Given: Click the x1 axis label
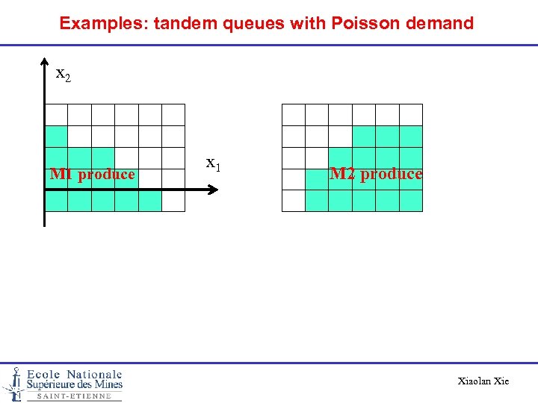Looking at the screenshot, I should pos(213,163).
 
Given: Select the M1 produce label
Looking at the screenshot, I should pos(93,175).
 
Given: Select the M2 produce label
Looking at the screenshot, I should pos(376,174).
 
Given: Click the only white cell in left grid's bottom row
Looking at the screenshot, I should pos(173,201).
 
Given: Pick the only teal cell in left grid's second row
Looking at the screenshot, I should pos(57,137).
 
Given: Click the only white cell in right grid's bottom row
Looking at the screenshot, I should pos(294,201).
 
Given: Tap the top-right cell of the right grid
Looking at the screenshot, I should pos(410,115).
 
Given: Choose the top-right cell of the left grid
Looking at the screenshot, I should pos(173,115).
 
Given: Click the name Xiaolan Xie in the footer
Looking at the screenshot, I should pos(483,381).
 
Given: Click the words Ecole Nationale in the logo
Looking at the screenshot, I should pos(74,375).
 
